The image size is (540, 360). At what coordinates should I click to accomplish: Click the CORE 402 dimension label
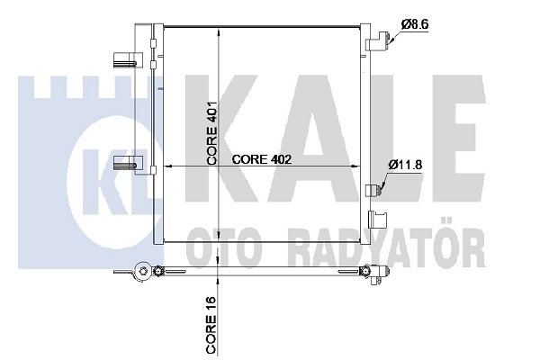pyautogui.click(x=261, y=159)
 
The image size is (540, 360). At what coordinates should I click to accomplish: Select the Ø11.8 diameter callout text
pyautogui.click(x=407, y=164)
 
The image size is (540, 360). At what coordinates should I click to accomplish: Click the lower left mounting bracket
pyautogui.click(x=128, y=163)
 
